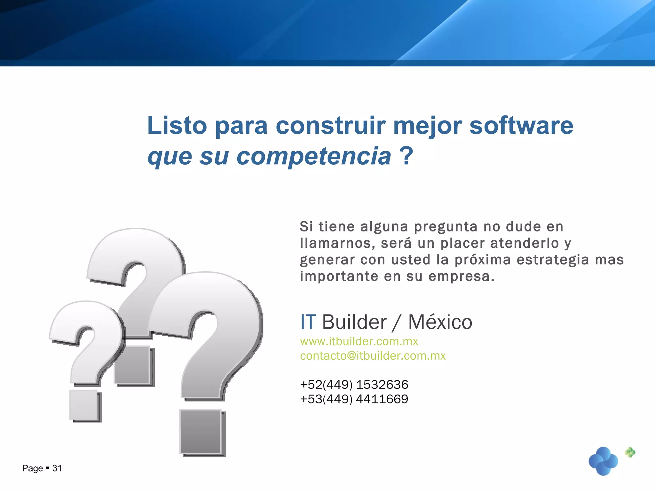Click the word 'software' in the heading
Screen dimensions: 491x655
[x=521, y=126]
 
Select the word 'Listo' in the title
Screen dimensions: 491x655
[x=177, y=126]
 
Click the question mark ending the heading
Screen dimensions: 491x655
[x=406, y=156]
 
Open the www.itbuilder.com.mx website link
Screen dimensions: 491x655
[x=359, y=341]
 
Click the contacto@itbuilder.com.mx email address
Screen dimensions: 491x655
[x=373, y=356]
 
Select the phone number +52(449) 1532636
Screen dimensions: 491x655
[x=354, y=385]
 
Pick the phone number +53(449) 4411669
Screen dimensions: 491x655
[x=354, y=399]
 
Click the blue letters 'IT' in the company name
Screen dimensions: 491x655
[x=308, y=322]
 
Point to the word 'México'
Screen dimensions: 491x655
[x=440, y=322]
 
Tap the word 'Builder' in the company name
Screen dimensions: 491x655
[x=354, y=322]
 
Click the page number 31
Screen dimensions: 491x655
[x=57, y=468]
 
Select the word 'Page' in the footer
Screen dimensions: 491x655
[x=32, y=468]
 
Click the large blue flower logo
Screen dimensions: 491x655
[x=603, y=461]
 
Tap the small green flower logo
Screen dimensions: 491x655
[x=630, y=452]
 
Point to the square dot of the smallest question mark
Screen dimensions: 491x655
[x=84, y=405]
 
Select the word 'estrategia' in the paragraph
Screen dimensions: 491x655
[x=553, y=260]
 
